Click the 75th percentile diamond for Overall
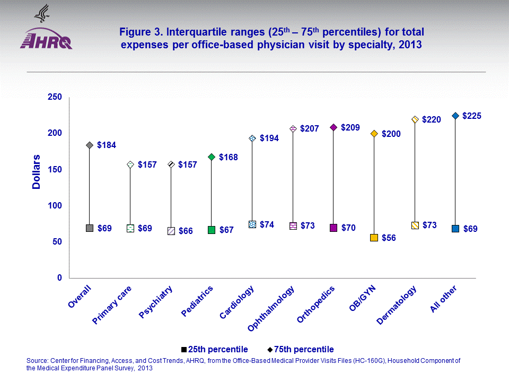point(90,145)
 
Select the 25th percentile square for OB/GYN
point(374,238)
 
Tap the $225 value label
point(471,116)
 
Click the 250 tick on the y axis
point(55,97)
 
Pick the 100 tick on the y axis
point(55,206)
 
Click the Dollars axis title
point(37,172)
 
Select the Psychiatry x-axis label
point(156,302)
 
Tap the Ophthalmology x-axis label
point(272,310)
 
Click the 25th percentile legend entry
point(214,349)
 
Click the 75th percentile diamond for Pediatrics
point(212,157)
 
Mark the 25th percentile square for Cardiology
point(252,224)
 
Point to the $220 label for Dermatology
point(432,120)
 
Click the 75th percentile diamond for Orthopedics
point(334,127)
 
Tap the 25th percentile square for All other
point(455,229)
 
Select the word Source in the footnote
point(38,361)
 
